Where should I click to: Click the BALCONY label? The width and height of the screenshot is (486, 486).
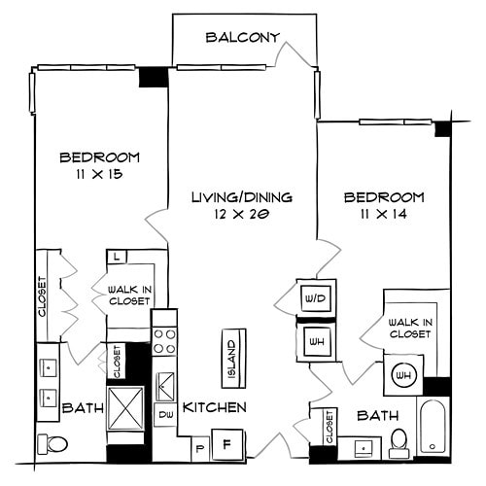pyautogui.click(x=243, y=38)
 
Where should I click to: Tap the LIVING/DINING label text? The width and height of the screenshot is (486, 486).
pyautogui.click(x=241, y=197)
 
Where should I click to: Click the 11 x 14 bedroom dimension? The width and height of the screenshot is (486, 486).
pyautogui.click(x=385, y=214)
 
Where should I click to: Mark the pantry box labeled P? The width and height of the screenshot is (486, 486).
pyautogui.click(x=199, y=449)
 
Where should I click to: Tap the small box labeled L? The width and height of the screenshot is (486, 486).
pyautogui.click(x=116, y=257)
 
